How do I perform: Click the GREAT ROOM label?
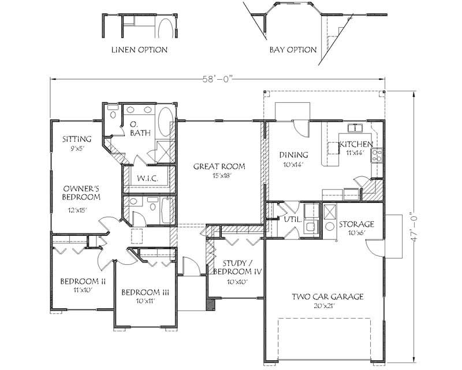[219, 166]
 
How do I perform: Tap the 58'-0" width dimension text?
[218, 79]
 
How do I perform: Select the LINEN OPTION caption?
[139, 50]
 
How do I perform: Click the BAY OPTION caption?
[293, 50]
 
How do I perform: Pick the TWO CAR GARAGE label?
[327, 297]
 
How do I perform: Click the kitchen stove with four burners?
[377, 156]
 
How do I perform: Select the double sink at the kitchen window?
[356, 128]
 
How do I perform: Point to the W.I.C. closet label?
[148, 178]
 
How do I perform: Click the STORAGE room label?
[356, 224]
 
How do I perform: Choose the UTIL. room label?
[293, 220]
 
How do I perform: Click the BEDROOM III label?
[146, 293]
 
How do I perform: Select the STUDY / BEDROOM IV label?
[237, 267]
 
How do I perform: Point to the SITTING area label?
[77, 139]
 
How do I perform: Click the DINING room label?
[294, 155]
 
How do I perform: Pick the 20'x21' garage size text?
[325, 306]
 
